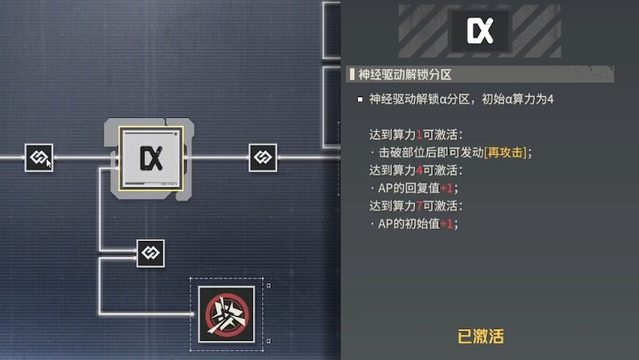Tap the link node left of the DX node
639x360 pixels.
[x=38, y=156]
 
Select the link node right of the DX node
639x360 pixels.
[x=263, y=156]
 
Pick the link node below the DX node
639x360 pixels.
[x=151, y=253]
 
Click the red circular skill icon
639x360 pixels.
[x=227, y=315]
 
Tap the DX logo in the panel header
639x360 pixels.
[x=481, y=31]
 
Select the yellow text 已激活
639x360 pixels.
[x=481, y=337]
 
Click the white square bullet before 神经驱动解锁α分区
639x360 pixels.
[x=359, y=99]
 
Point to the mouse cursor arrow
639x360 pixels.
[x=48, y=162]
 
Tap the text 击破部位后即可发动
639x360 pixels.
[x=429, y=152]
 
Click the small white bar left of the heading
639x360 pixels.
[x=352, y=75]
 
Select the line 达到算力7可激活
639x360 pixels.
[x=416, y=205]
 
